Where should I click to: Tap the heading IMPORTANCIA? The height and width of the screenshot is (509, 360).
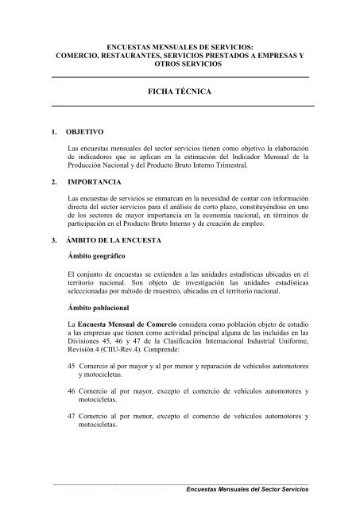tap(96, 181)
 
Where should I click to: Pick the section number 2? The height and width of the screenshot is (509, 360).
tap(52, 181)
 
